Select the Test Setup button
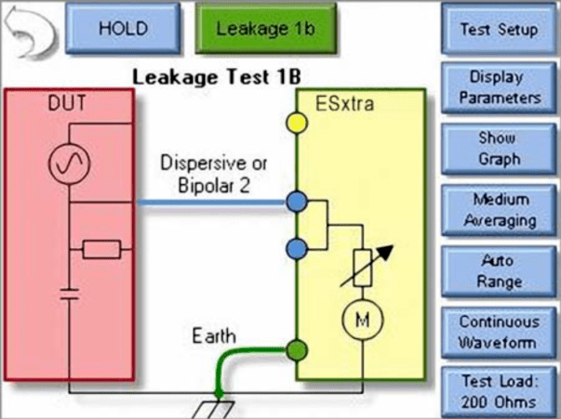click(x=499, y=29)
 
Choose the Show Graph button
click(x=499, y=148)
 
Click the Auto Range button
click(x=499, y=270)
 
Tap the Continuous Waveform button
click(x=499, y=331)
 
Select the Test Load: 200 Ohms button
click(x=499, y=391)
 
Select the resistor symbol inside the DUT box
click(x=100, y=248)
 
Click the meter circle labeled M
click(x=358, y=321)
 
